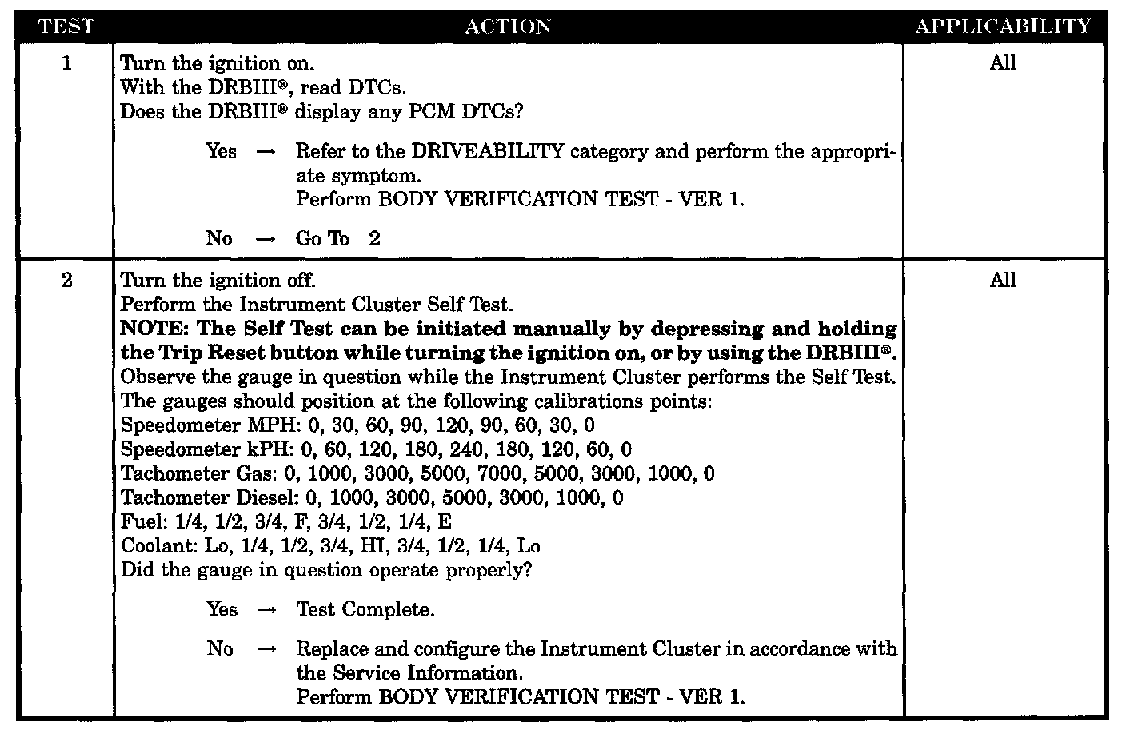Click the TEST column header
(x=66, y=26)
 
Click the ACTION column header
(x=508, y=26)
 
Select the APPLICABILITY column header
(x=1003, y=26)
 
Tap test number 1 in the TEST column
(x=66, y=63)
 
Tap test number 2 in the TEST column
(x=66, y=281)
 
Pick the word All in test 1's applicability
(x=1003, y=63)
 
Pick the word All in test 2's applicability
(x=1003, y=281)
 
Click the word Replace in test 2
(x=329, y=648)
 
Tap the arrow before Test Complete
(x=266, y=610)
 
